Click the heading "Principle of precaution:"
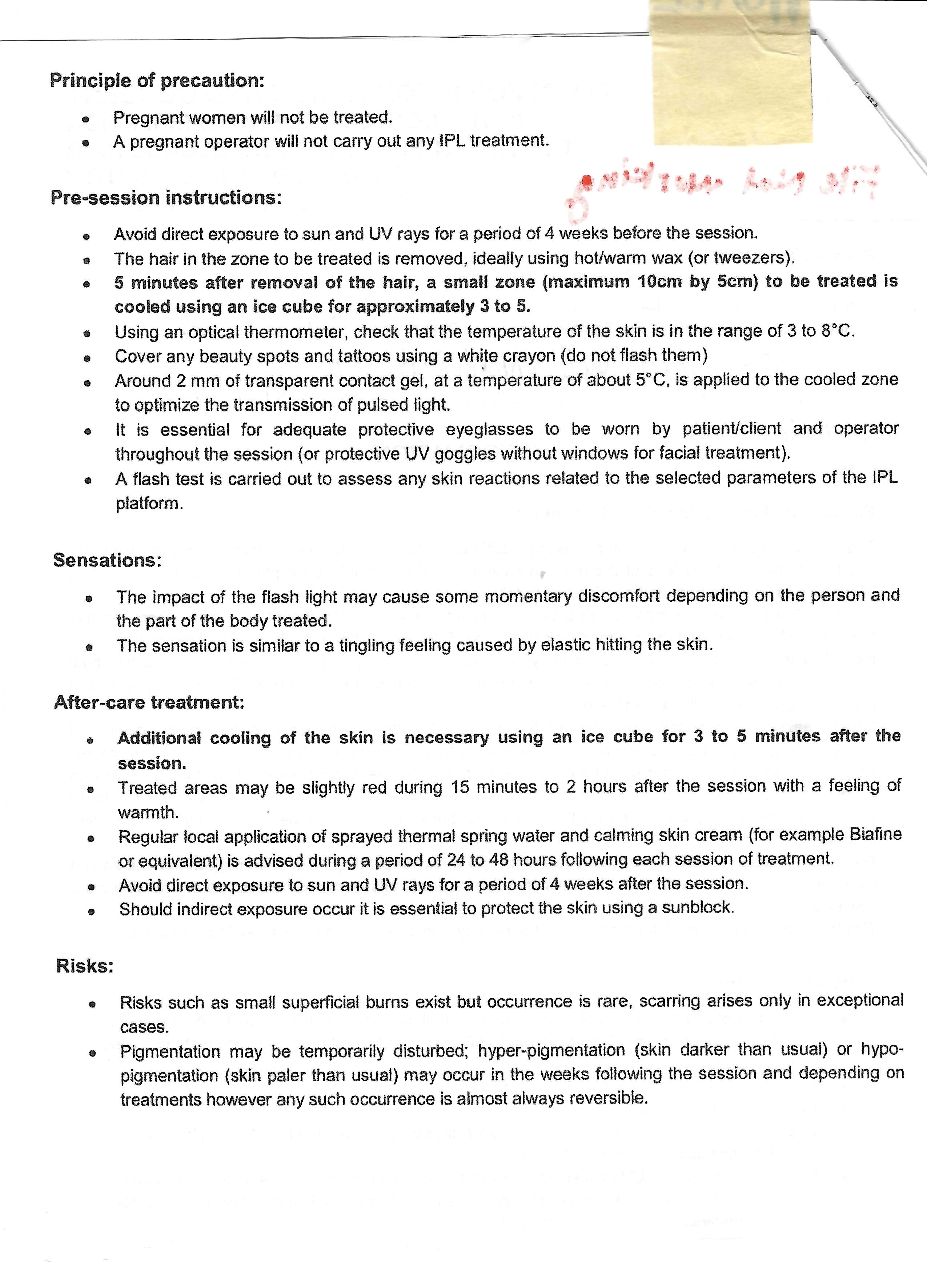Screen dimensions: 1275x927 click(157, 80)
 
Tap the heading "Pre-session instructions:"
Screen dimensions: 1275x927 click(166, 198)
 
